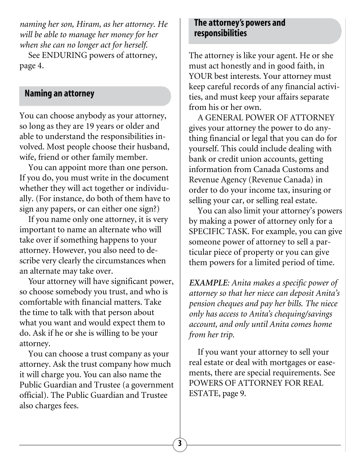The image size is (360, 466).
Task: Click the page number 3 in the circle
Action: pyautogui.click(x=180, y=445)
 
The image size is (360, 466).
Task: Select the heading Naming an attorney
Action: pyautogui.click(x=59, y=93)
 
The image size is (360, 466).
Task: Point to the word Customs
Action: pyautogui.click(x=291, y=169)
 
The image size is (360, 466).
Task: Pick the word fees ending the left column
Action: pyautogui.click(x=71, y=406)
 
